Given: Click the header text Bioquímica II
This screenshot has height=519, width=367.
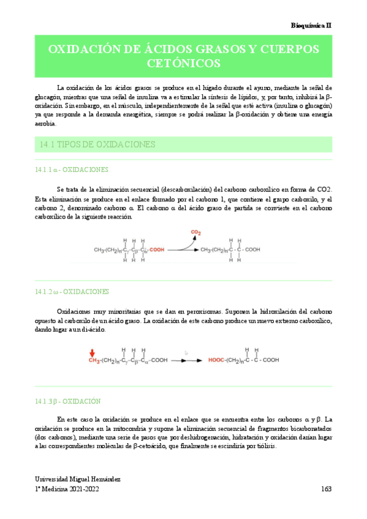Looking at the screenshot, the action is (311, 24).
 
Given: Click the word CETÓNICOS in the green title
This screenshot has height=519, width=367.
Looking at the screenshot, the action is (184, 62).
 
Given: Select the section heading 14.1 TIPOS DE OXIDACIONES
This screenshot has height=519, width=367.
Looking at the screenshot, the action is (97, 144).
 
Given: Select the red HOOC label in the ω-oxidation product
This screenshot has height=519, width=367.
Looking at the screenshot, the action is (218, 361).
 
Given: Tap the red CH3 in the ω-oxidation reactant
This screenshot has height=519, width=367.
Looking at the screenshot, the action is (93, 361).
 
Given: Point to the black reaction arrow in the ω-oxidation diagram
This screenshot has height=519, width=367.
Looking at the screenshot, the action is (179, 361).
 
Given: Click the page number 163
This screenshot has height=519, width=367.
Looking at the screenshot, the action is (327, 490).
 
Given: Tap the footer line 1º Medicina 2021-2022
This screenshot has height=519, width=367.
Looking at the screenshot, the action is (67, 490).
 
